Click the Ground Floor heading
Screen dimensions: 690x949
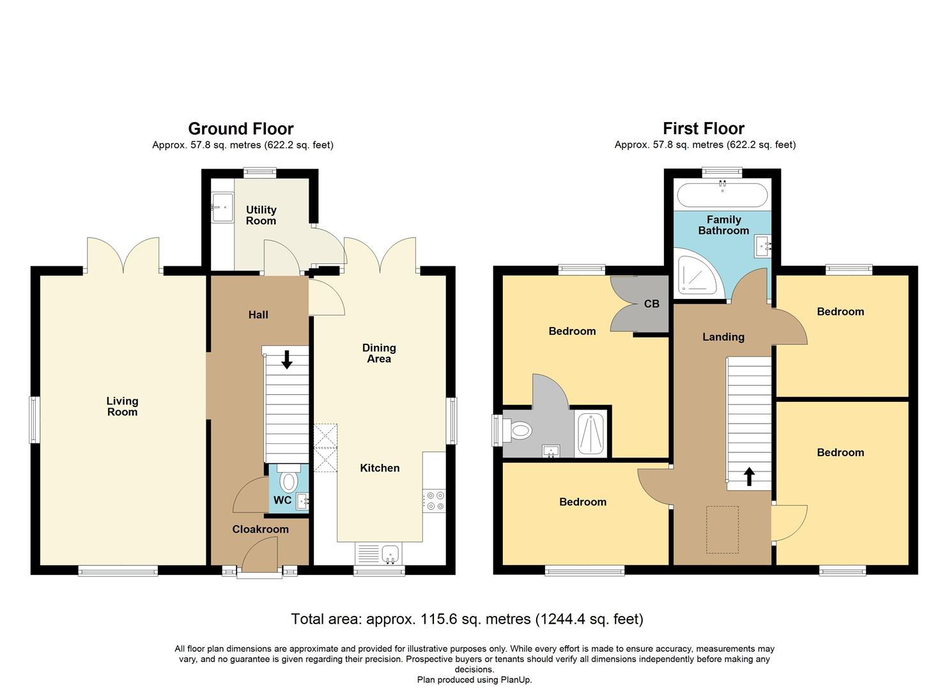tap(241, 129)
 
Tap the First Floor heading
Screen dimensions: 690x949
tap(704, 129)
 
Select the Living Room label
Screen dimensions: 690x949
tap(122, 406)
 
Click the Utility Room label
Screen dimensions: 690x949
tap(261, 215)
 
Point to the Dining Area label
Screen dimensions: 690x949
tap(379, 353)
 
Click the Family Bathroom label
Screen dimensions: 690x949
tap(723, 225)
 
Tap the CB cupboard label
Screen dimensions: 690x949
tap(651, 304)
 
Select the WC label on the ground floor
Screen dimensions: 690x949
tap(282, 500)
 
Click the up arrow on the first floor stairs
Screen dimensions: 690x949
tap(748, 476)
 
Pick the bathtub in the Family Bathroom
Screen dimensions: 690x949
tap(723, 195)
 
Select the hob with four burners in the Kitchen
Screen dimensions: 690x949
tap(435, 500)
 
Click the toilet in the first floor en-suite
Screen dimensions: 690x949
tap(518, 431)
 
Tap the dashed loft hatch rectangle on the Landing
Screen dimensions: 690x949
tap(722, 529)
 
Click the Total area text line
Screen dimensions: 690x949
tap(467, 619)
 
